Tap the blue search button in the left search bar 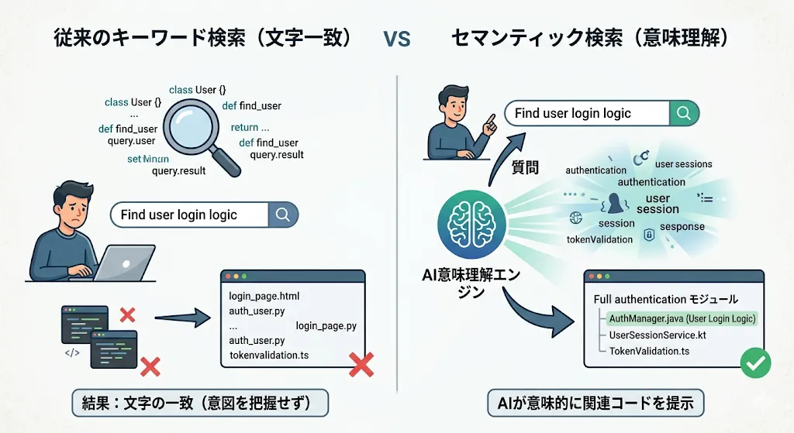tap(282, 215)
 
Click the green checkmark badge tap(754, 363)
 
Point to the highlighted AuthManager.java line tap(682, 318)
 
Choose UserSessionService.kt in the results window tap(658, 335)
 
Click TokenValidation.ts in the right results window tap(649, 351)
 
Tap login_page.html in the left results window tap(264, 297)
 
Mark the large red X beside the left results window tap(362, 364)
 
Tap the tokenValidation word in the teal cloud tap(599, 239)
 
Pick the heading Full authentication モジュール tap(665, 299)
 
